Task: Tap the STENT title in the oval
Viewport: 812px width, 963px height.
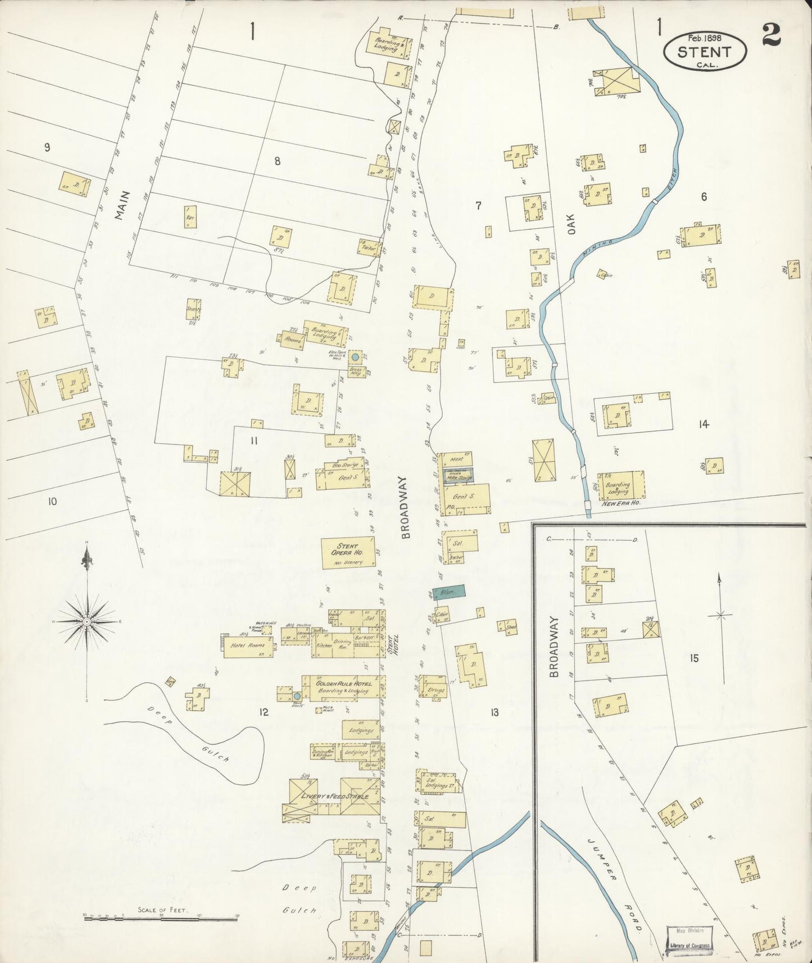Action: tap(705, 52)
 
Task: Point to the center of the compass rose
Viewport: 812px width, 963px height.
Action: tap(87, 622)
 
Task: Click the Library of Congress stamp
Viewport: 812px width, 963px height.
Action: tap(689, 938)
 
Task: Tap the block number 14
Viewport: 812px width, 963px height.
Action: tap(704, 424)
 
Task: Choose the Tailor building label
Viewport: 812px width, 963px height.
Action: tap(369, 247)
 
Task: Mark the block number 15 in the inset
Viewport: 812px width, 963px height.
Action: tap(694, 658)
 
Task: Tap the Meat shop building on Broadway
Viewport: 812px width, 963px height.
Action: tap(455, 459)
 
